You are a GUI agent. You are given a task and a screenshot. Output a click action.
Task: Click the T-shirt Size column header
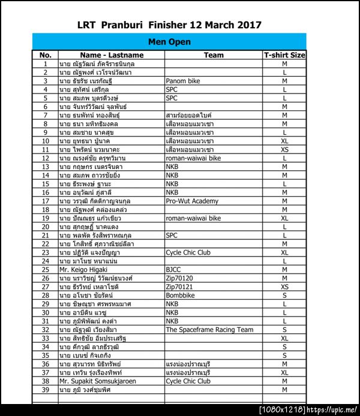tap(284, 55)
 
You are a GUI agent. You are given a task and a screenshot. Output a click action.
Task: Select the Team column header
tap(214, 55)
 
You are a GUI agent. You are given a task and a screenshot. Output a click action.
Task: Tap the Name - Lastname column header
tap(112, 55)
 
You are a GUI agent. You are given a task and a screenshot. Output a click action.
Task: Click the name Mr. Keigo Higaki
tap(83, 270)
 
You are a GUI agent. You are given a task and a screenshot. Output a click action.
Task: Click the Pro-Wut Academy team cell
tap(192, 201)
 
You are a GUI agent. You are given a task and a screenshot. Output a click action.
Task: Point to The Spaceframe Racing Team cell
tap(209, 330)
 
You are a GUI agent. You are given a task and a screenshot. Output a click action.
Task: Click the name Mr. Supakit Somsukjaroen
tap(97, 381)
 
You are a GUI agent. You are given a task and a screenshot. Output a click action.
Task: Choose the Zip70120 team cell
tap(180, 278)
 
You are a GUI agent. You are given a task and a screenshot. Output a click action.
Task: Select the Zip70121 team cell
tap(180, 287)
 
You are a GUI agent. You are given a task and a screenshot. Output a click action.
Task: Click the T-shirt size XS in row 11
tap(284, 149)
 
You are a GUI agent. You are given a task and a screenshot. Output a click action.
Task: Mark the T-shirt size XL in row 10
tap(284, 141)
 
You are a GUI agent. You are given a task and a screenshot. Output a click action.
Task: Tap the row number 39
tap(45, 390)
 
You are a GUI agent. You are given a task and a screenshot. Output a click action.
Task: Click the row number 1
tap(45, 63)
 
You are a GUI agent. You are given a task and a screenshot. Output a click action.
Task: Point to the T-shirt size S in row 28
tap(284, 296)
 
